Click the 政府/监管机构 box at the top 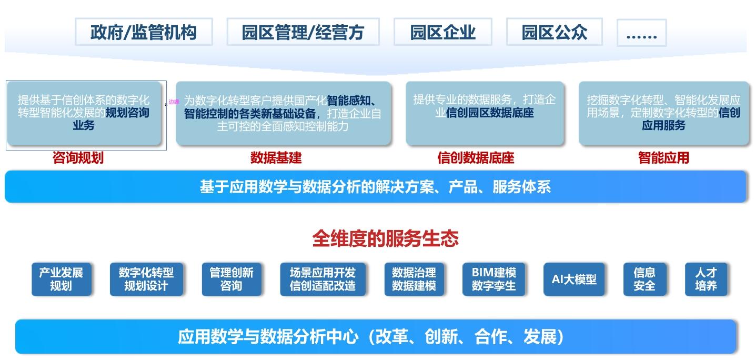pos(144,32)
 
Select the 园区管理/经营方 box pos(303,32)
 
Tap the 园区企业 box pos(442,32)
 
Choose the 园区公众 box pos(554,32)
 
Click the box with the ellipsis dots pos(641,33)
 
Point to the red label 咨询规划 pos(78,157)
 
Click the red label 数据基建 pos(276,157)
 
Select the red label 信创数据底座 pos(476,157)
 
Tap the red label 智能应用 pos(663,157)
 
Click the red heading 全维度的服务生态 pos(385,238)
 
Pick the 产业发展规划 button pos(61,279)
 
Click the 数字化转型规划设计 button pos(146,279)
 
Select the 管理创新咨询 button pos(231,279)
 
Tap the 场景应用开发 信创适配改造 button pos(323,279)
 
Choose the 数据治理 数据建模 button pos(414,279)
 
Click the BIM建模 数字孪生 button pos(494,279)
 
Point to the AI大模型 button pos(574,279)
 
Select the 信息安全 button pos(645,279)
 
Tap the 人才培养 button pos(706,279)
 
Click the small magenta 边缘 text pos(174,102)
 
